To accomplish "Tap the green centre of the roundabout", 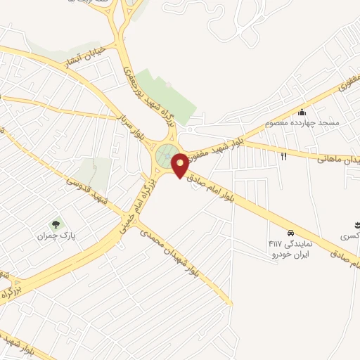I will [166, 156].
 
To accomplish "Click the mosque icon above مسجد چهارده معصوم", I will [302, 112].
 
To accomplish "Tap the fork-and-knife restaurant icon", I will [284, 156].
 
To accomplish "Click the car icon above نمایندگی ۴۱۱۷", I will [290, 233].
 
